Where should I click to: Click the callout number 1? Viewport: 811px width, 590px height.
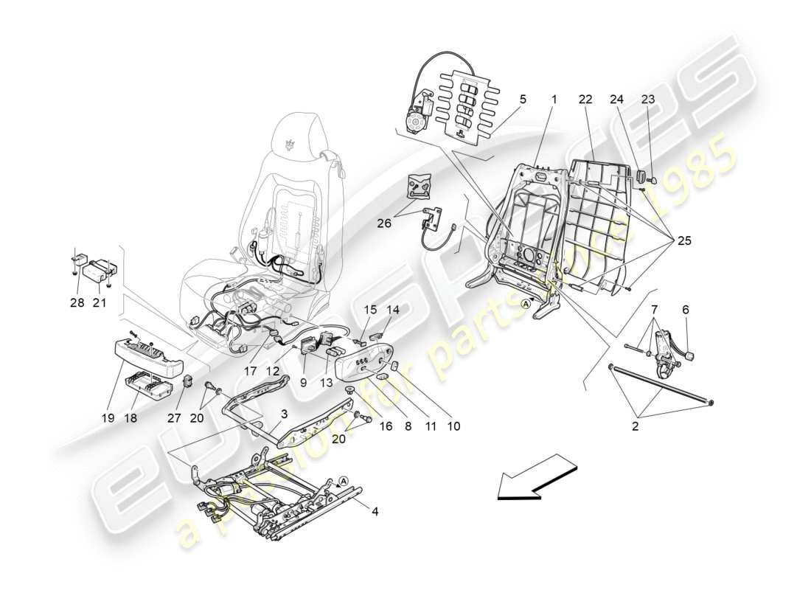click(553, 99)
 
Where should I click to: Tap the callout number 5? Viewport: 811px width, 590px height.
click(523, 99)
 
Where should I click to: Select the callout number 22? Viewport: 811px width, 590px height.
click(585, 99)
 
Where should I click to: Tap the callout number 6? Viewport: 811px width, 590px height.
click(686, 311)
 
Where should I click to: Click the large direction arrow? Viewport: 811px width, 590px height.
click(536, 481)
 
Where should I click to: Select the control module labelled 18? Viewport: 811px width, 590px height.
click(150, 383)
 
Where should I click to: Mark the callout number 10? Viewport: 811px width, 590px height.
click(454, 426)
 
